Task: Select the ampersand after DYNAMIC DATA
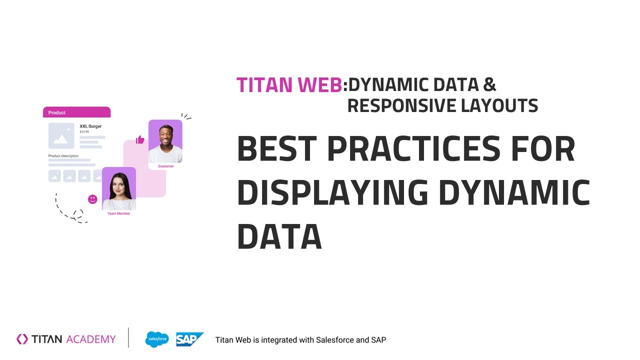489,85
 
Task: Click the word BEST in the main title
277,149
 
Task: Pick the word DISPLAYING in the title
332,193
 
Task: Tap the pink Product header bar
76,112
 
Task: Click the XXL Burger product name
90,126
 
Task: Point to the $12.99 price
84,132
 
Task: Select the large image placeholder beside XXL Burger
61,135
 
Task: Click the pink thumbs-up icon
140,139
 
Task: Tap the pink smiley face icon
92,199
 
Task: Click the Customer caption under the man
166,166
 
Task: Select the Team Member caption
118,213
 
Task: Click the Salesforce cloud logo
157,339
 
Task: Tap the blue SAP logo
189,339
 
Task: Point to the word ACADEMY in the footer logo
90,339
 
